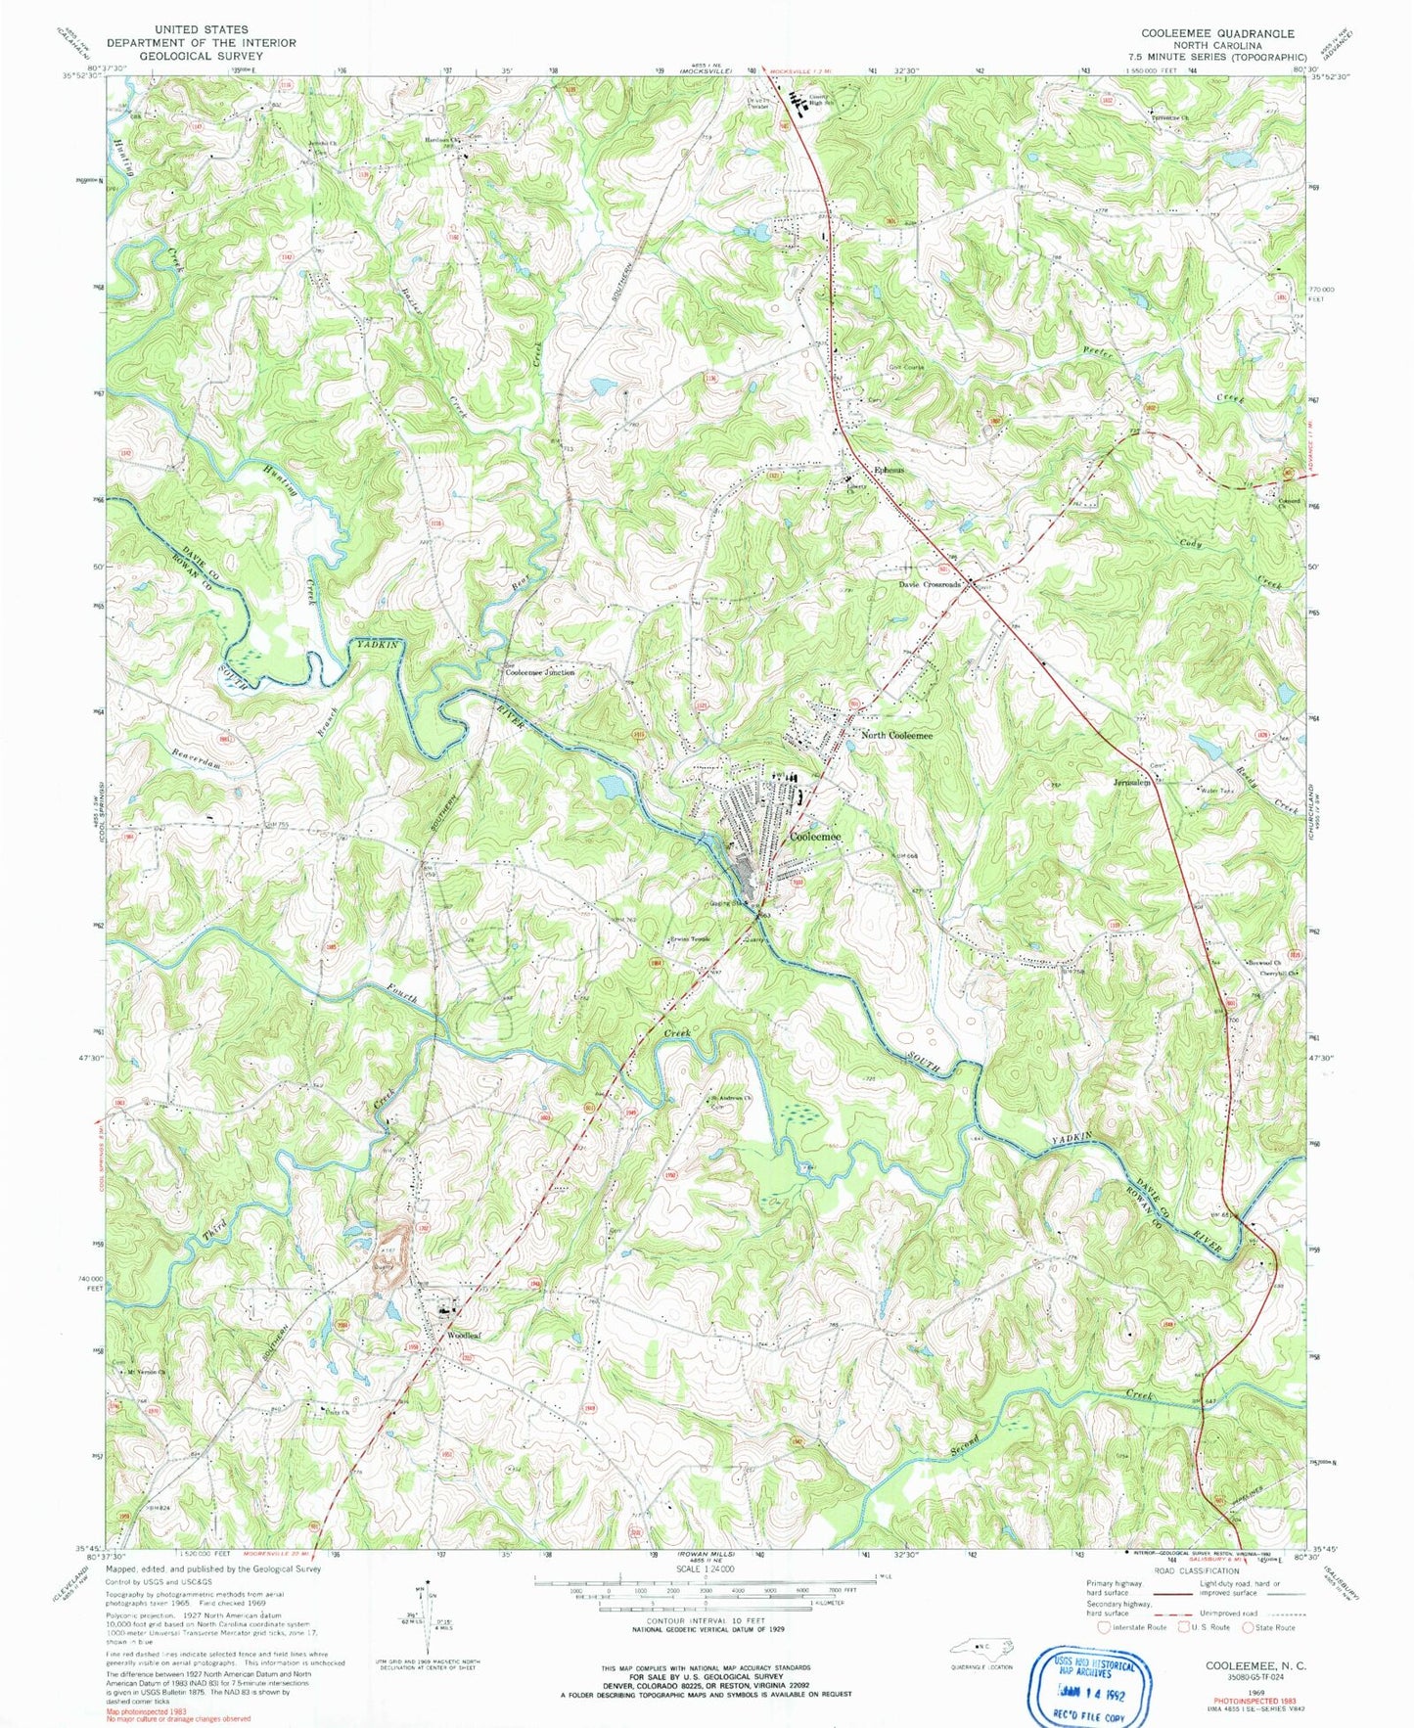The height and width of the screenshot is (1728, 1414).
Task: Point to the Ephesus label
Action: tap(889, 470)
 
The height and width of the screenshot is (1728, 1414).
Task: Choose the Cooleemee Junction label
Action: tap(539, 673)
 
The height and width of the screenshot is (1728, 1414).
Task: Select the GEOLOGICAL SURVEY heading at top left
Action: tap(201, 56)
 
